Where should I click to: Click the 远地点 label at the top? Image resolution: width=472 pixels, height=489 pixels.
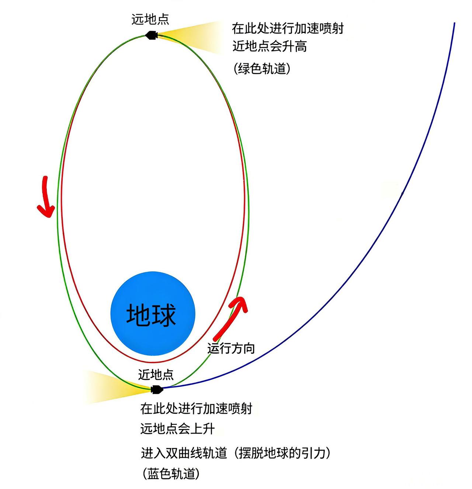[x=150, y=19]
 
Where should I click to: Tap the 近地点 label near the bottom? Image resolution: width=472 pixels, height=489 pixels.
[x=156, y=374]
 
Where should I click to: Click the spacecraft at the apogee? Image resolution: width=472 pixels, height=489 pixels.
[x=151, y=35]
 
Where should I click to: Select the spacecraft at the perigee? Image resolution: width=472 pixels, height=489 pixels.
[x=157, y=389]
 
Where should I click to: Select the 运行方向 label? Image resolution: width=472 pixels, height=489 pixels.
[x=231, y=348]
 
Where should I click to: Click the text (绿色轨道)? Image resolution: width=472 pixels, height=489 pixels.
[x=262, y=69]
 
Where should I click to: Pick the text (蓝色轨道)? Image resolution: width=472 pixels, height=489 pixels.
[x=171, y=474]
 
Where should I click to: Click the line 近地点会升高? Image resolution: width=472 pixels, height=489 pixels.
[x=270, y=46]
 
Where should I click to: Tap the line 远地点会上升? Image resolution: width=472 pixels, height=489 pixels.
[x=177, y=429]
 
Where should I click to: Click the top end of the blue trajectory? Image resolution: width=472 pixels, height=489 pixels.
[x=454, y=24]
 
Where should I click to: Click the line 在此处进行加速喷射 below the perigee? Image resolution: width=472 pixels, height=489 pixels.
[x=196, y=409]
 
